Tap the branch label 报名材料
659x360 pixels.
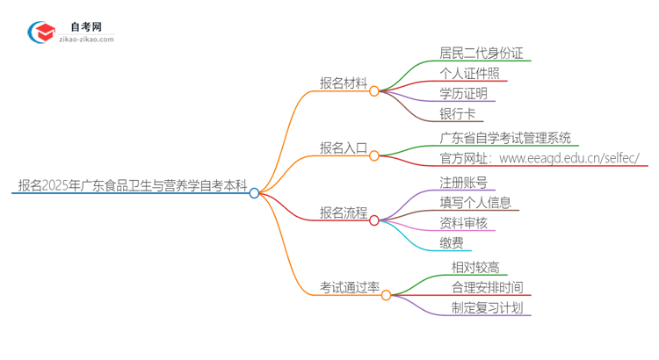coord(344,83)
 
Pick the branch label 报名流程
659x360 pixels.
coord(344,213)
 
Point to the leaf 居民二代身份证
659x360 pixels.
coord(481,54)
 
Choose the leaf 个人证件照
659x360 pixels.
coord(474,74)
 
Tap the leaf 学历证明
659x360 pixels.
coord(463,94)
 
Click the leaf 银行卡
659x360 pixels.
coord(457,114)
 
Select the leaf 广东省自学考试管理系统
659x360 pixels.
coord(505,138)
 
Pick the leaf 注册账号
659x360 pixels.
coord(463,183)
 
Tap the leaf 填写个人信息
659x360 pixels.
coord(474,203)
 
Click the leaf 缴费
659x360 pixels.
coord(452,243)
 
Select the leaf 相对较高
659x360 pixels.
coord(474,267)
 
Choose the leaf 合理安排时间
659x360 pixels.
coord(486,287)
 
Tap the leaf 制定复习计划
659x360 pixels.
coord(486,307)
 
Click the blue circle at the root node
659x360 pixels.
coord(254,193)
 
